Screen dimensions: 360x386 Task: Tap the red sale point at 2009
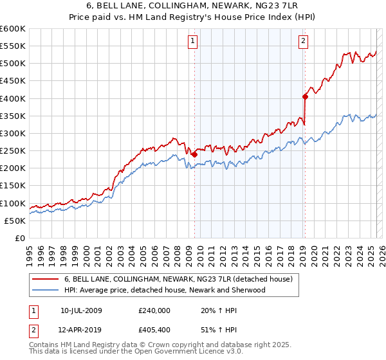click(x=194, y=154)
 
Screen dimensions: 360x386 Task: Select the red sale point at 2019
click(x=305, y=96)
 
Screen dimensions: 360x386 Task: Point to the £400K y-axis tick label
click(x=13, y=98)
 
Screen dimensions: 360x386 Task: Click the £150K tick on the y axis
click(x=13, y=186)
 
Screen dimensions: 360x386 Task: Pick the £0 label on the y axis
click(x=19, y=238)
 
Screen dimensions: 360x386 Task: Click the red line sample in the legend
click(x=46, y=280)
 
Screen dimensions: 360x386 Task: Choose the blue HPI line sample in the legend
click(x=46, y=290)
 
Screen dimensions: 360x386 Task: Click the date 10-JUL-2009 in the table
click(x=81, y=310)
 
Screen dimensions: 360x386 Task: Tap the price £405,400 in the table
click(x=154, y=330)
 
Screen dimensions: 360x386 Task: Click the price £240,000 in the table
click(x=154, y=310)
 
